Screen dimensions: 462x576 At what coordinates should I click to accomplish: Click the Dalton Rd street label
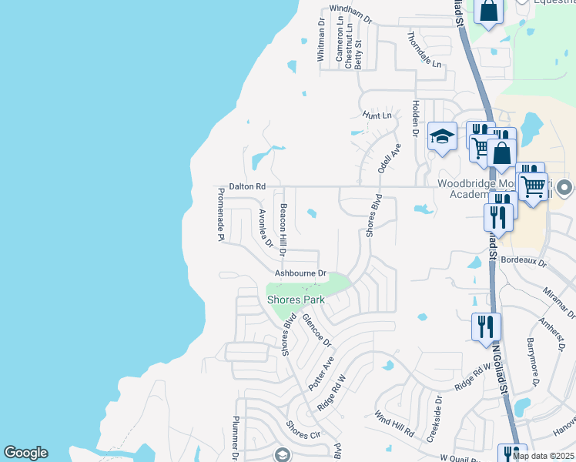(x=246, y=186)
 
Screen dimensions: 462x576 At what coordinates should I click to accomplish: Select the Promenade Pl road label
(x=219, y=216)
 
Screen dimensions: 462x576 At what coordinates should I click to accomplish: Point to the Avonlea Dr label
(x=266, y=228)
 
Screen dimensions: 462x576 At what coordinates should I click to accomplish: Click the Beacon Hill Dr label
(x=283, y=229)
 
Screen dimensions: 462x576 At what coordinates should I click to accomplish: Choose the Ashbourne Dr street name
(x=301, y=273)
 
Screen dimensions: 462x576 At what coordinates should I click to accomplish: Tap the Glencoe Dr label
(x=316, y=330)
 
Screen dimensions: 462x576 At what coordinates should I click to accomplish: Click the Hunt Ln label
(x=377, y=115)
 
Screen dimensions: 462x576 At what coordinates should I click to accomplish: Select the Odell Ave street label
(x=389, y=157)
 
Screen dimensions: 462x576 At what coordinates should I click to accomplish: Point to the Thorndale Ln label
(x=425, y=49)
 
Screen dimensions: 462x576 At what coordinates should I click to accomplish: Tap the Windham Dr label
(x=350, y=9)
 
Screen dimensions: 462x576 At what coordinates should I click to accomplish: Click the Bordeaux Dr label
(x=523, y=262)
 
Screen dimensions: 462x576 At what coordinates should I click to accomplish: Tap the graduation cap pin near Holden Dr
(x=443, y=137)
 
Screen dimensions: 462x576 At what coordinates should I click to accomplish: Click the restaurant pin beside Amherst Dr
(x=486, y=326)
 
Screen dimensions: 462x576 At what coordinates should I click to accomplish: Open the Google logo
(x=25, y=453)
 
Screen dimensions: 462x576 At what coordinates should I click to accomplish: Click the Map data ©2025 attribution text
(x=541, y=455)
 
